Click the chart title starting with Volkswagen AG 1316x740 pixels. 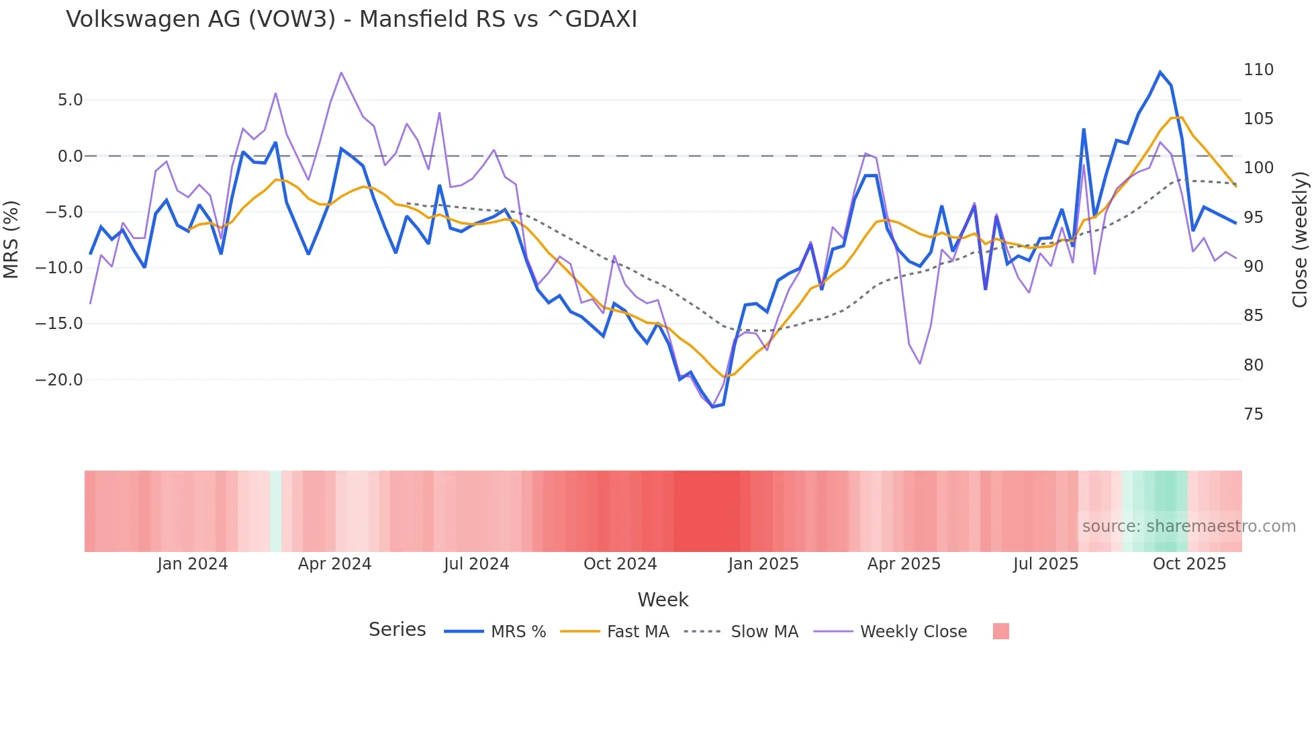tap(351, 19)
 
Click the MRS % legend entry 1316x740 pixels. tap(496, 632)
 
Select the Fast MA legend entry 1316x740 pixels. tap(615, 632)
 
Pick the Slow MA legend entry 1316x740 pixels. tap(741, 632)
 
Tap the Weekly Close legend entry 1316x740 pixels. tap(890, 632)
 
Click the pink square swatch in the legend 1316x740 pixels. tap(1000, 631)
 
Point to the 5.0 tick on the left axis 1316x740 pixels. tap(70, 100)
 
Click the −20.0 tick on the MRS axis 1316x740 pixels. tap(59, 380)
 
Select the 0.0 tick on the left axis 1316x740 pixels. tap(70, 156)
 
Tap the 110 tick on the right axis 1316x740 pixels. tap(1258, 70)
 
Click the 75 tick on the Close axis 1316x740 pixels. tap(1254, 414)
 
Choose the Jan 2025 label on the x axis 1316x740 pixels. tap(763, 564)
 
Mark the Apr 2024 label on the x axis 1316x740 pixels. tap(334, 564)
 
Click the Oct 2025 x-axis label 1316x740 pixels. tap(1189, 564)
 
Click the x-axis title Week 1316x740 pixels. tap(663, 600)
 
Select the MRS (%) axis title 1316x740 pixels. tap(11, 239)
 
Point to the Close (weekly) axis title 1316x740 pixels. tap(1300, 239)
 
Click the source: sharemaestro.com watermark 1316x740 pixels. tap(1188, 526)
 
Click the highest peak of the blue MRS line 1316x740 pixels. tap(1160, 72)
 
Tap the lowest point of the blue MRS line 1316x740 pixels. tap(712, 407)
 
